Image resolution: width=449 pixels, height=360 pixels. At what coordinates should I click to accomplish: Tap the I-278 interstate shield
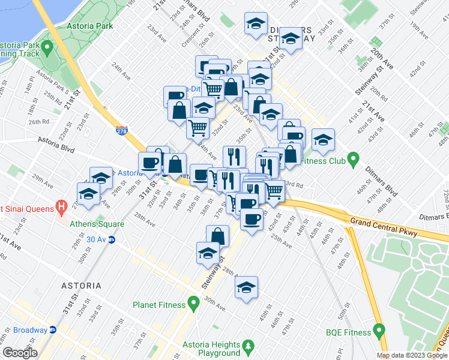[x=121, y=128]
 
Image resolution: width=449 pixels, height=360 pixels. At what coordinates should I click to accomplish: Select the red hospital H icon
[x=61, y=208]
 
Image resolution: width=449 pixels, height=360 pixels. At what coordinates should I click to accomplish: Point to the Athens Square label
[x=97, y=224]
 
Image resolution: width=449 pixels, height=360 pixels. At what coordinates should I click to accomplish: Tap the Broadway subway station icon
[x=53, y=329]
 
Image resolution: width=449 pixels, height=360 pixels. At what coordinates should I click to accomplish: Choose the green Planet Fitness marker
[x=193, y=304]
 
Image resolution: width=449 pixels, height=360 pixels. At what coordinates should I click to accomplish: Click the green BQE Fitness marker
[x=379, y=330]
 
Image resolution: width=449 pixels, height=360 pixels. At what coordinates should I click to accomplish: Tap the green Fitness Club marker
[x=354, y=160]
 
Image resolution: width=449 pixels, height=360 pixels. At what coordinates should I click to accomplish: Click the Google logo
[x=20, y=353]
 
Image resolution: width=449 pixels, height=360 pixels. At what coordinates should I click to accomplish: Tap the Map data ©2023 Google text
[x=412, y=355]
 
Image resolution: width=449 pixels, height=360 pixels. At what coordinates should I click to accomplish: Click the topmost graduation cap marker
[x=256, y=25]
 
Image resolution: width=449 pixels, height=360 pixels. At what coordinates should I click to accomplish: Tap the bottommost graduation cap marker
[x=246, y=289]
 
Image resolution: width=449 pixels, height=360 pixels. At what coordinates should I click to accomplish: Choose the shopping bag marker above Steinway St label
[x=217, y=236]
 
